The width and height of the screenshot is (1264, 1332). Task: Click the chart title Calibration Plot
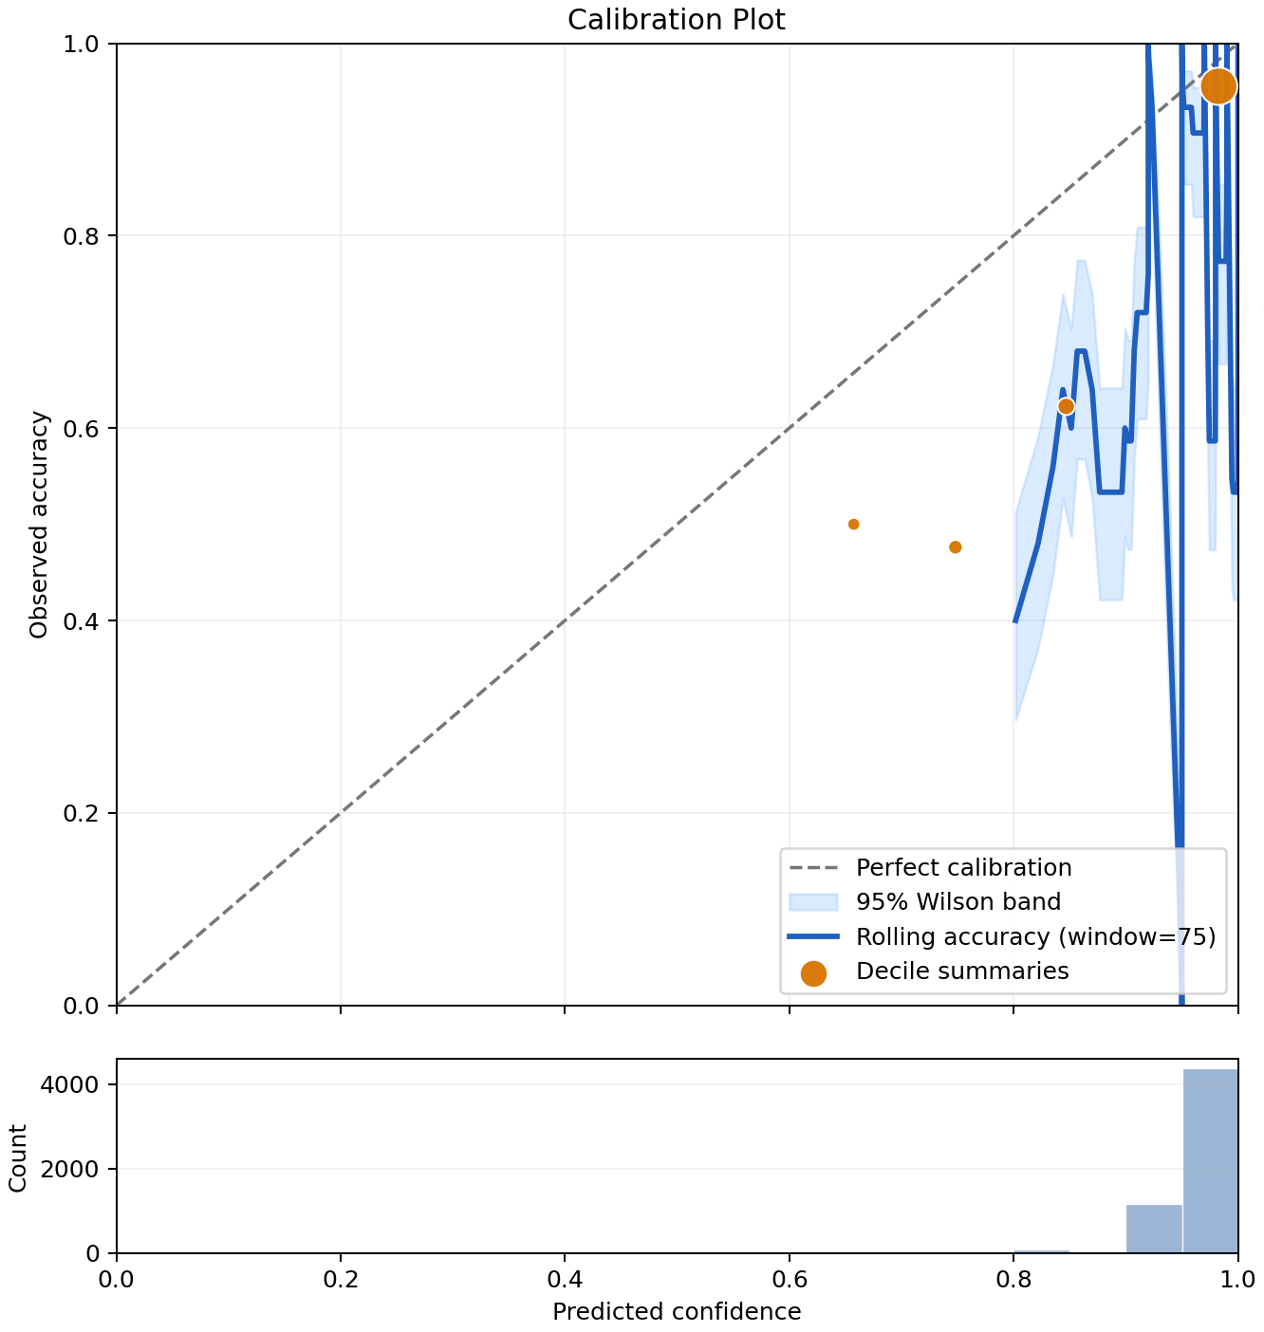[676, 20]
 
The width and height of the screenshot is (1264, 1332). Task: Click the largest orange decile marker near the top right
[1218, 86]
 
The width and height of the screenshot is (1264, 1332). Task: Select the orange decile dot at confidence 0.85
[1066, 406]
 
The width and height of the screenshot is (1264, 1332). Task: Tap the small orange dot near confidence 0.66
[853, 524]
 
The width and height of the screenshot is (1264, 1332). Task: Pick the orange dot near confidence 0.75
[955, 546]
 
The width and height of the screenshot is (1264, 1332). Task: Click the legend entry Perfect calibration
[964, 867]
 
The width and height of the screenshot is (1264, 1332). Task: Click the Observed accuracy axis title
[39, 525]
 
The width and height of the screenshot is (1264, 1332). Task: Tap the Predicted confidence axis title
[677, 1311]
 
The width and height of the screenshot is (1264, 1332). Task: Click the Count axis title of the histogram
[18, 1157]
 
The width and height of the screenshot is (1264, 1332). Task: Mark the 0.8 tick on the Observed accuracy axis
[81, 236]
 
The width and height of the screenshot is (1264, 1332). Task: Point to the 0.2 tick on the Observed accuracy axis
[81, 813]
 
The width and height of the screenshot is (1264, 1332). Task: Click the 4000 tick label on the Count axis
[70, 1084]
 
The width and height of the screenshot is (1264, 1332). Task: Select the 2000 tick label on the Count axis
[70, 1169]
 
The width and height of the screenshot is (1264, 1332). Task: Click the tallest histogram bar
[1210, 1160]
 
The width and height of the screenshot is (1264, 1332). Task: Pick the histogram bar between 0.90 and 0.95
[1154, 1229]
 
